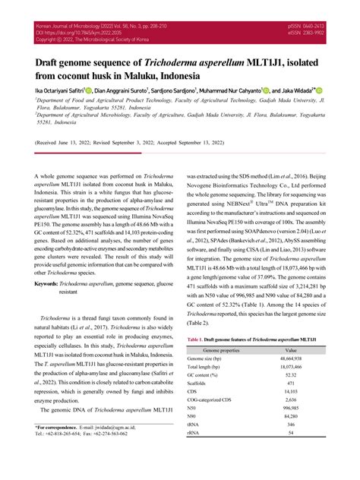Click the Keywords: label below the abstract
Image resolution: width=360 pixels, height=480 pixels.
coord(49,262)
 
